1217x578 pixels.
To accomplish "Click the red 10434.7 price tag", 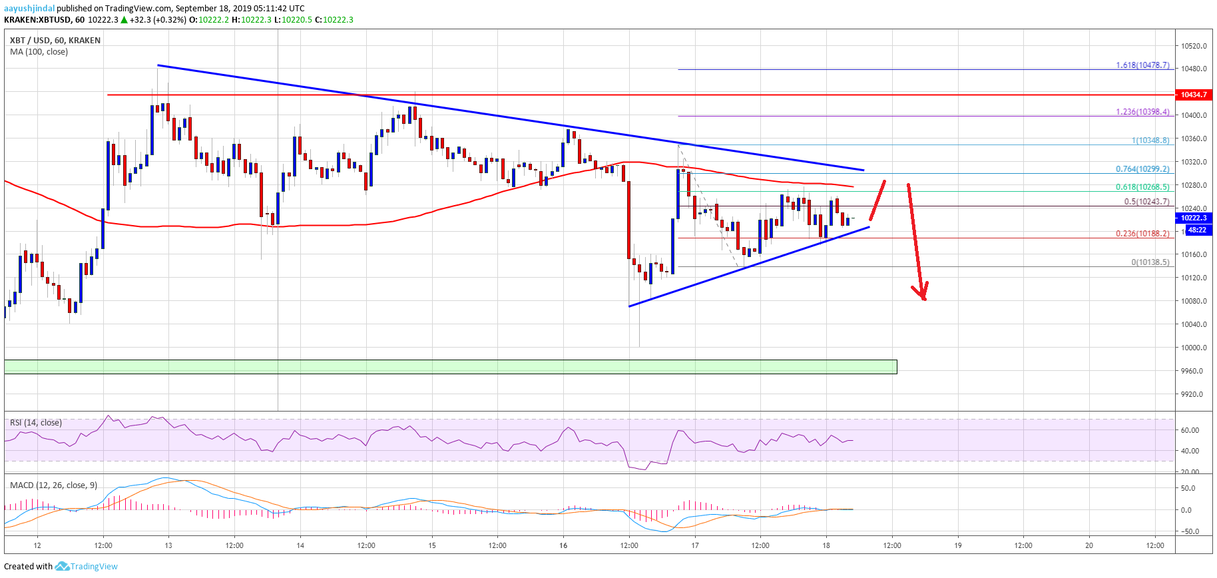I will tap(1194, 95).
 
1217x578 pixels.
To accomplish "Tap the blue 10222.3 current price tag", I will tap(1194, 218).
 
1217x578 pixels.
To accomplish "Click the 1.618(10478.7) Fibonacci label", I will tap(1142, 65).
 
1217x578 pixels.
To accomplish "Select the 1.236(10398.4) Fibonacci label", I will tap(1142, 112).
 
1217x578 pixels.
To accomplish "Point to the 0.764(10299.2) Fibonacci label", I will tap(1142, 169).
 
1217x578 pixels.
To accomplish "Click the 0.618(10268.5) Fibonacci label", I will tap(1142, 187).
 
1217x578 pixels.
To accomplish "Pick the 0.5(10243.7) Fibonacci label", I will tap(1146, 202).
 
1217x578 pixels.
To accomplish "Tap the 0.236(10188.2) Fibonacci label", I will tap(1142, 234).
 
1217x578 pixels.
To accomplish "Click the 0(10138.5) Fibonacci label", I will tap(1150, 262).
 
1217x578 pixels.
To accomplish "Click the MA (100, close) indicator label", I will tap(39, 52).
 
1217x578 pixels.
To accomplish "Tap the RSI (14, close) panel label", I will tap(36, 423).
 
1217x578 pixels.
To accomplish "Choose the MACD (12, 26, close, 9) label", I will tap(53, 485).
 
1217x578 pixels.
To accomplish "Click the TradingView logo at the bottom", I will tap(87, 567).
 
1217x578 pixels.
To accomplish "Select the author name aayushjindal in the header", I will tap(29, 9).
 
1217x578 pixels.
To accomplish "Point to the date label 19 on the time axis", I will tap(957, 545).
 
